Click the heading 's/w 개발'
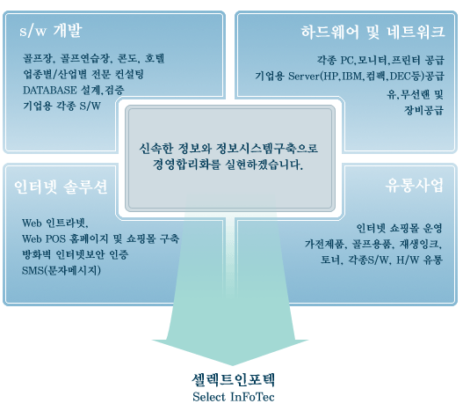50,31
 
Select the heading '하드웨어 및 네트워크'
373,32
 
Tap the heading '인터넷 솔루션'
61,187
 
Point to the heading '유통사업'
415,186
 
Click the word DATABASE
50,90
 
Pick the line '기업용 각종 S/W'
61,106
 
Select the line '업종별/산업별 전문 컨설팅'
83,74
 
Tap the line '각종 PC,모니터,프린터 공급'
380,61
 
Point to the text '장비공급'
423,110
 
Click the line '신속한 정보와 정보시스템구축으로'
228,148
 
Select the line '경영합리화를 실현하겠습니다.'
228,165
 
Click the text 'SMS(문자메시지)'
61,270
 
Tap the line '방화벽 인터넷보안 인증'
76,254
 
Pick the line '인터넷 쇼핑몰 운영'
399,228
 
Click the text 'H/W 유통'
419,260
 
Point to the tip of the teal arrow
233,365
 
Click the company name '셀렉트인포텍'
234,380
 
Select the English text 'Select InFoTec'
234,397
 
